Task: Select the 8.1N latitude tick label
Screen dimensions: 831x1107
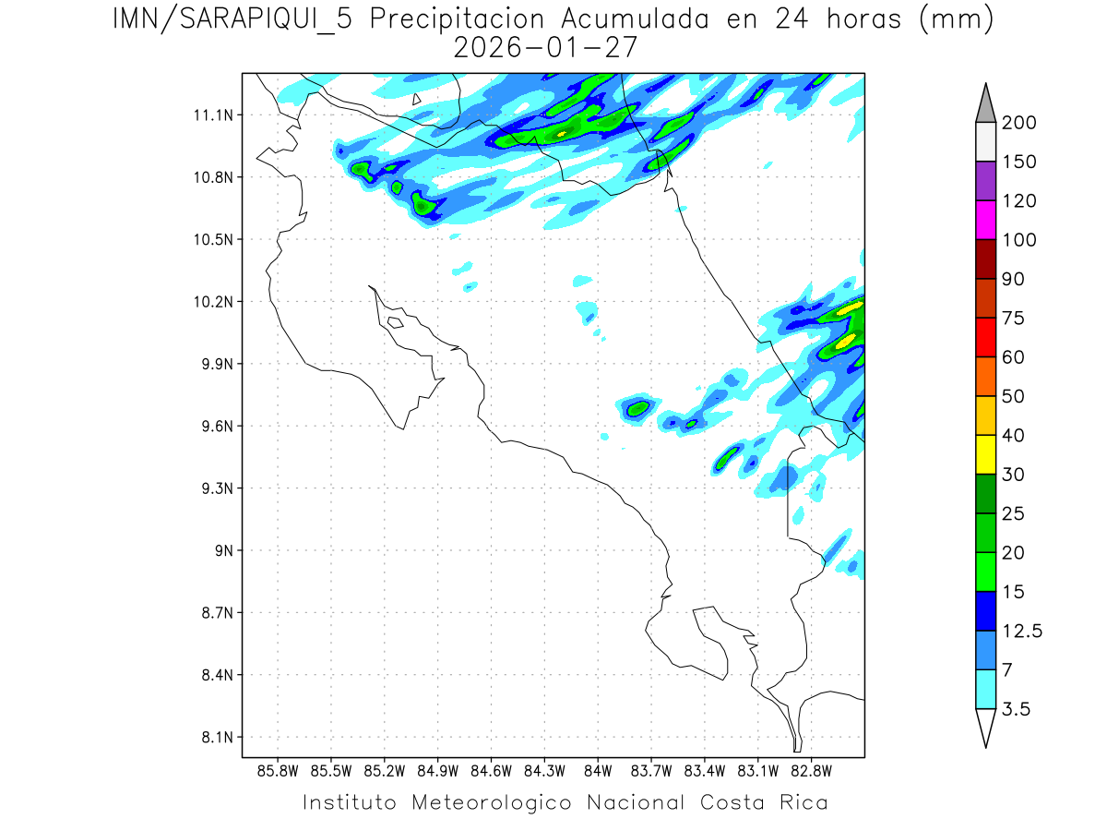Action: (x=216, y=737)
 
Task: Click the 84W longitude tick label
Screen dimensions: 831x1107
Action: (x=598, y=770)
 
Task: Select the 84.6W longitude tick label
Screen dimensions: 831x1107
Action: (x=491, y=770)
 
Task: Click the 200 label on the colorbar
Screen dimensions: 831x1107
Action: (x=1020, y=123)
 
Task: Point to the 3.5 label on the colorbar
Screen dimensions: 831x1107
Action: (x=1018, y=708)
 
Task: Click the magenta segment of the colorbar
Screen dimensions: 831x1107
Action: (x=984, y=220)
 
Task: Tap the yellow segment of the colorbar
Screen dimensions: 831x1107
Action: (x=984, y=453)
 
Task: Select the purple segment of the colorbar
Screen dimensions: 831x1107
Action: (x=984, y=181)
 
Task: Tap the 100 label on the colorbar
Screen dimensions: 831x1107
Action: (x=1020, y=240)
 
